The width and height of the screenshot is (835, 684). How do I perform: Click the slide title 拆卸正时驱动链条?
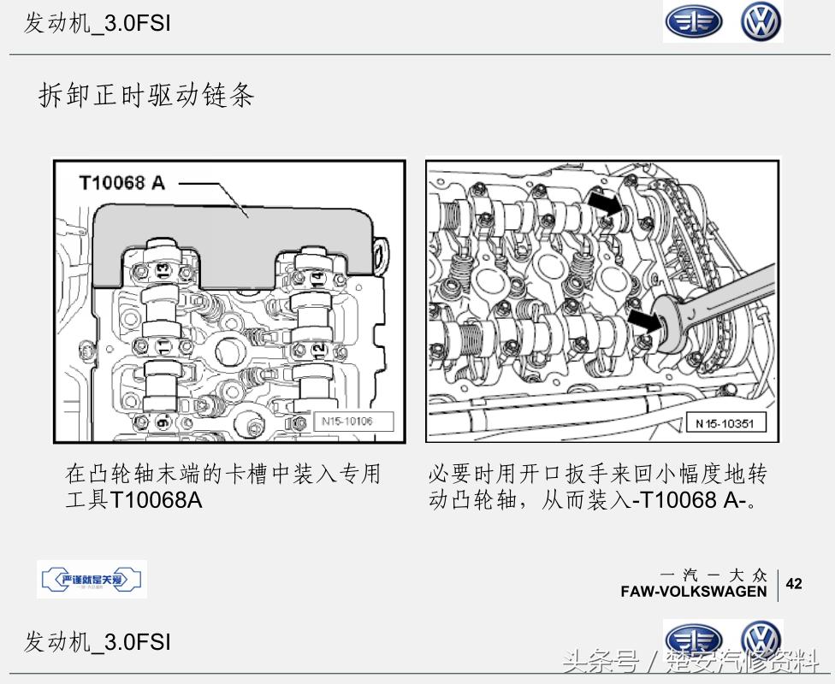coord(146,95)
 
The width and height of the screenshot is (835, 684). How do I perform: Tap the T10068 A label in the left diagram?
coord(121,182)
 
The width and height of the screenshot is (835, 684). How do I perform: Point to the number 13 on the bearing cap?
coord(163,270)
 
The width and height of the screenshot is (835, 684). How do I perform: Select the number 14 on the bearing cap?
coord(316,276)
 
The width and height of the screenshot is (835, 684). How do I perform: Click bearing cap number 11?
coord(162,346)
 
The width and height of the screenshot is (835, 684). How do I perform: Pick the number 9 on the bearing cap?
coord(163,422)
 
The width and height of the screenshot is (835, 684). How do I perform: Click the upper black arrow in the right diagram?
coord(606,205)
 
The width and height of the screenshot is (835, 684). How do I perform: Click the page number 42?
coord(794,584)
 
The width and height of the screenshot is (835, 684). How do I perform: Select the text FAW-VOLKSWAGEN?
coord(694,592)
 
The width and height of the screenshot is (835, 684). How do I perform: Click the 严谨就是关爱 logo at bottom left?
coord(92,580)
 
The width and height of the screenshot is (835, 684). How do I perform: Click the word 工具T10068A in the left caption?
coord(134,499)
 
